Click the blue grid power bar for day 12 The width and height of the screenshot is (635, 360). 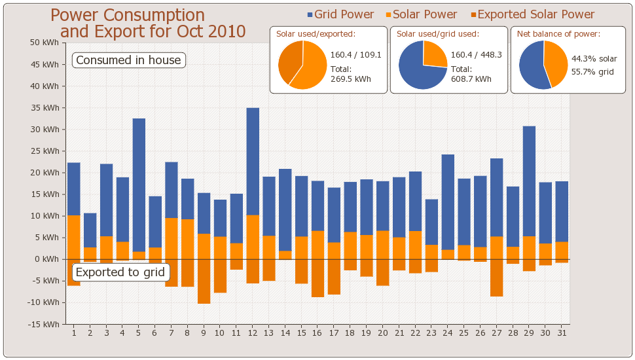pyautogui.click(x=253, y=161)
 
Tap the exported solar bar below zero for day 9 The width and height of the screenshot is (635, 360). pyautogui.click(x=204, y=281)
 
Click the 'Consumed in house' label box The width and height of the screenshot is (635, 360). pyautogui.click(x=128, y=60)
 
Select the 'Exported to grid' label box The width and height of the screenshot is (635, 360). pyautogui.click(x=120, y=272)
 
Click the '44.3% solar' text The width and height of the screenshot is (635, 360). pyautogui.click(x=594, y=59)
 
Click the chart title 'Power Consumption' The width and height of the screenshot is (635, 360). pyautogui.click(x=128, y=15)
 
